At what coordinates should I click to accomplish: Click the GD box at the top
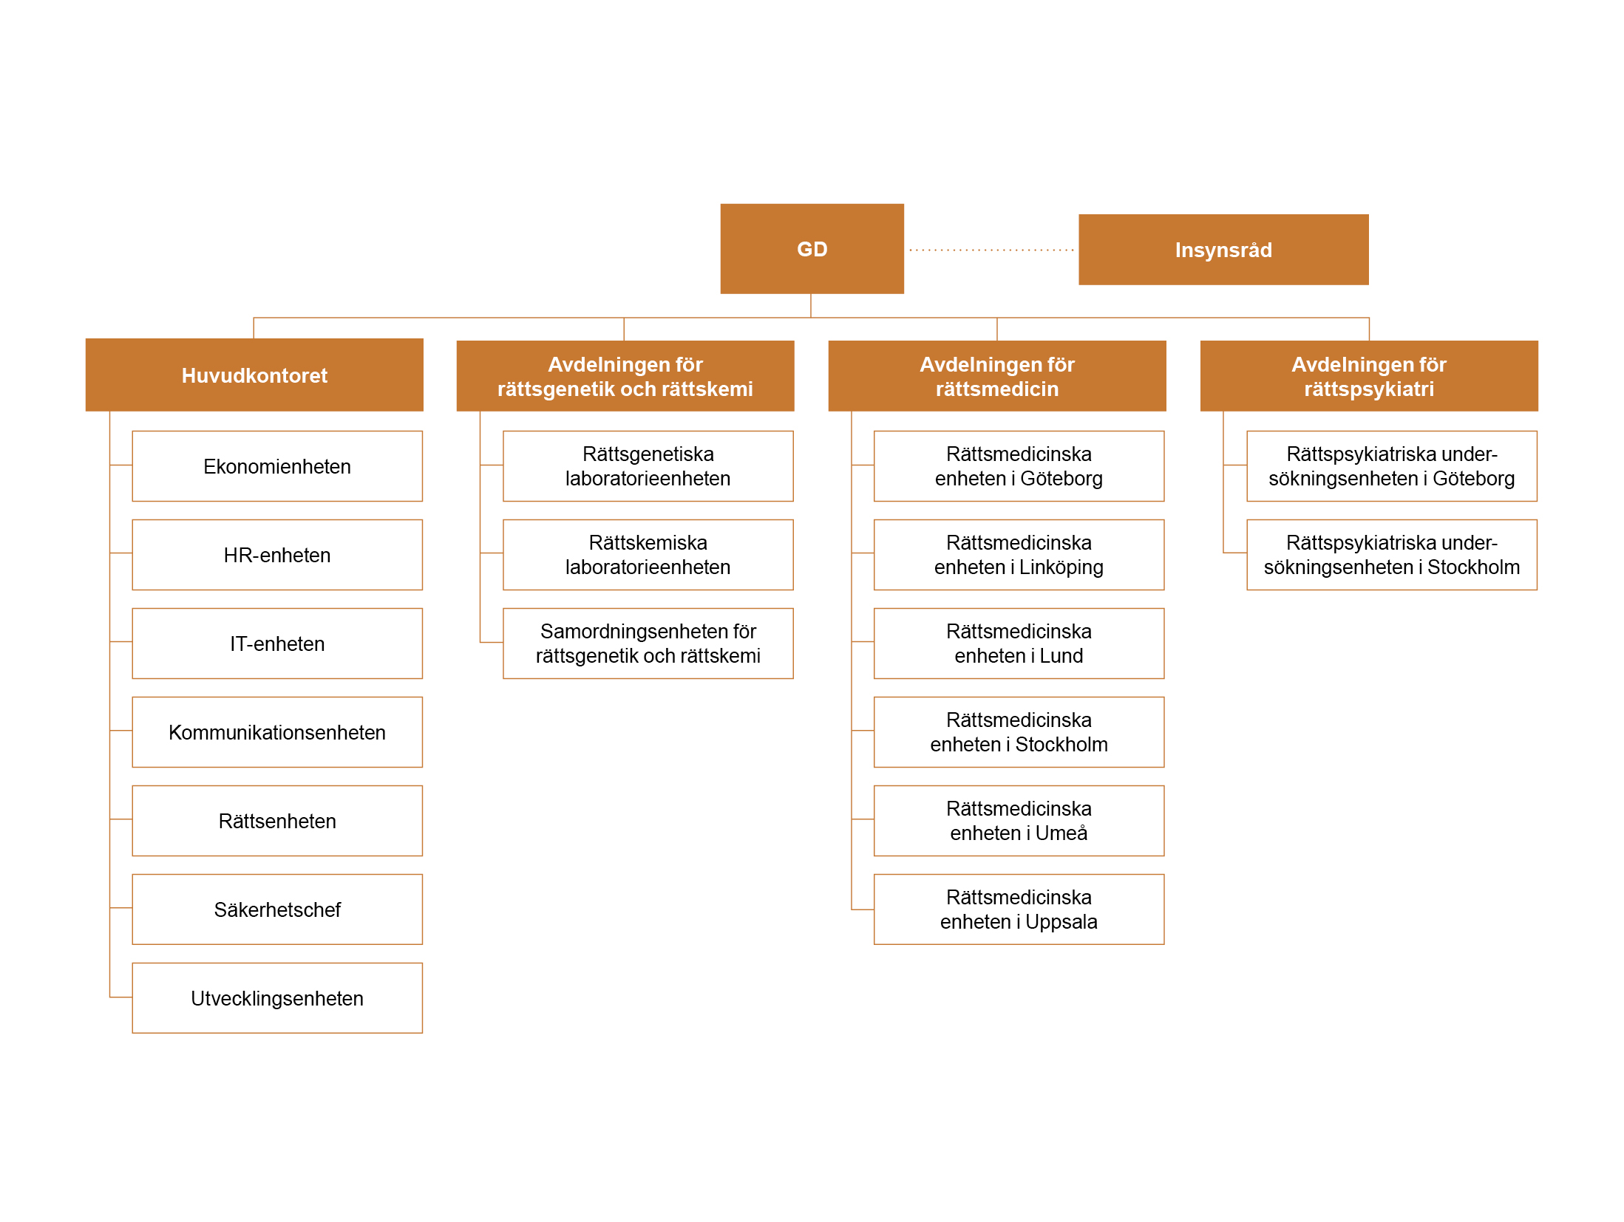tap(812, 248)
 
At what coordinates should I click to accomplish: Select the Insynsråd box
tap(1223, 250)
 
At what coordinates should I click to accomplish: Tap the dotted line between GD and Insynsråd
tap(991, 250)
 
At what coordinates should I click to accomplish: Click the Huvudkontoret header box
tap(254, 375)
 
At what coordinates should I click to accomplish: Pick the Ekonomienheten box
tap(277, 466)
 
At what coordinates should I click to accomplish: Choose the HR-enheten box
tap(277, 555)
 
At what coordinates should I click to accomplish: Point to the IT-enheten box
tap(277, 644)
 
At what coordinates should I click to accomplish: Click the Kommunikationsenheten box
tap(277, 732)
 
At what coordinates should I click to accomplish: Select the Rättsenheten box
tap(277, 821)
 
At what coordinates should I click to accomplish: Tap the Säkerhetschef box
tap(277, 909)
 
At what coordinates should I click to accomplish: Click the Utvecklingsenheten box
tap(277, 998)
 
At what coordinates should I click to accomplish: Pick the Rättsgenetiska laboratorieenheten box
tap(648, 466)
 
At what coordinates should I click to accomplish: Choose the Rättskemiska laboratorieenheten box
tap(648, 555)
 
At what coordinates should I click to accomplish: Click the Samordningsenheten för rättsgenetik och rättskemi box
tap(648, 644)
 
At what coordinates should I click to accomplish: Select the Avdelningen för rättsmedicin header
tap(997, 375)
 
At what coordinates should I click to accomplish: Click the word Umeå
tap(1061, 833)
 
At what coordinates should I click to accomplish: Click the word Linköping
tap(1061, 568)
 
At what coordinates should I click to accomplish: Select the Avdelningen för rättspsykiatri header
tap(1369, 375)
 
